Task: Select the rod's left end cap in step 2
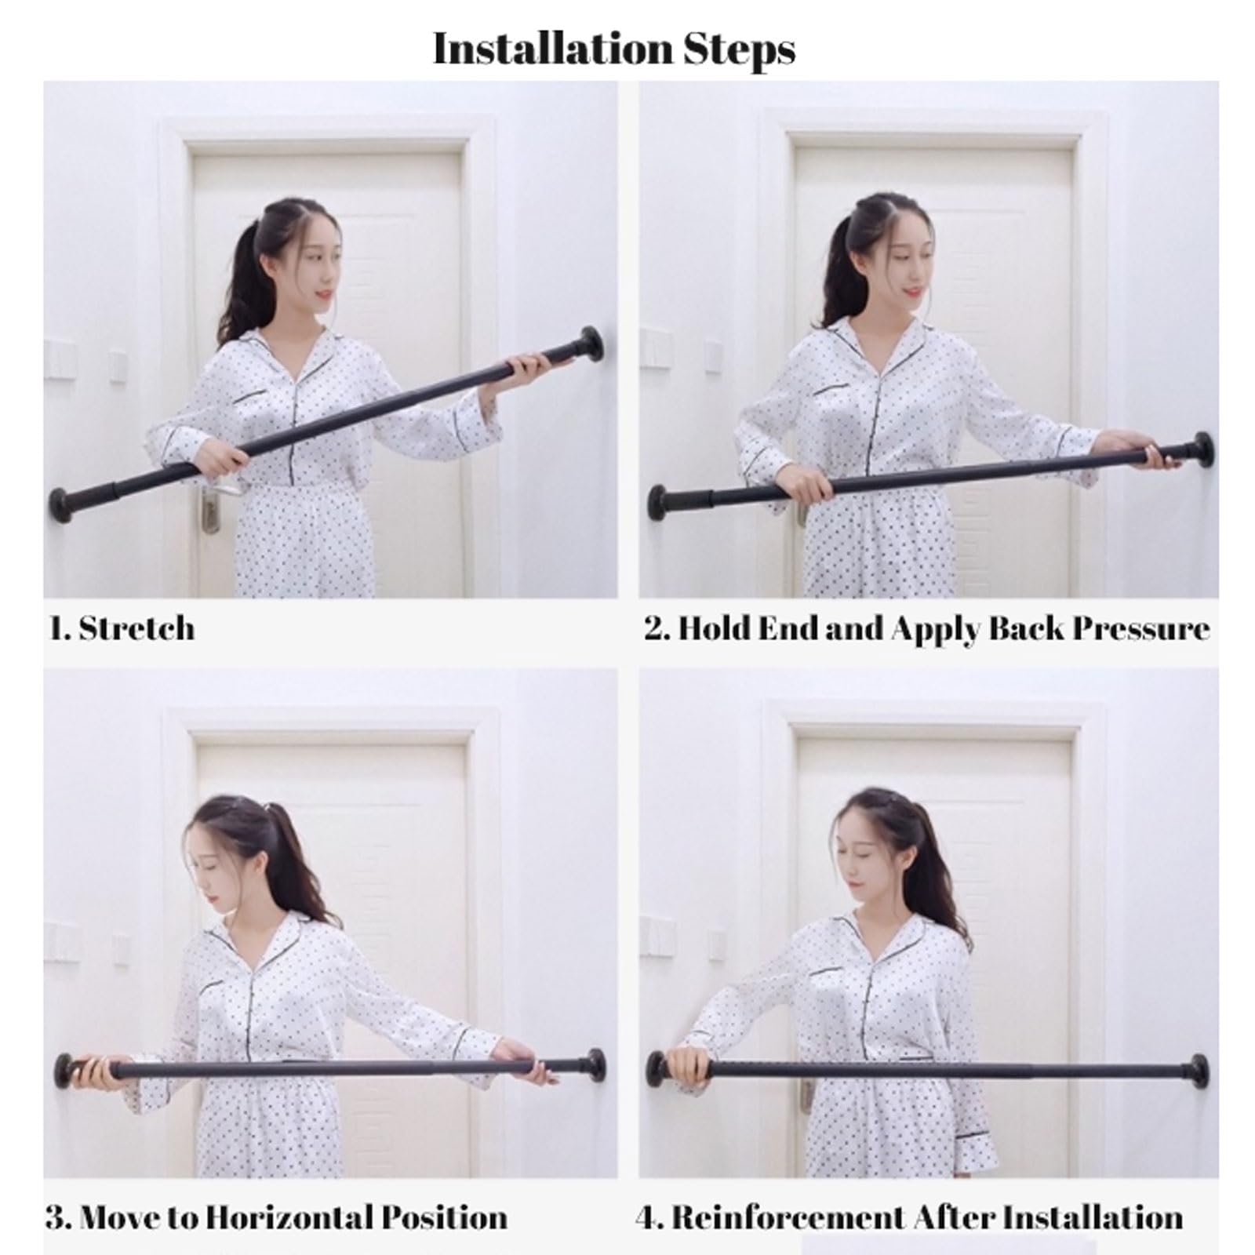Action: click(657, 503)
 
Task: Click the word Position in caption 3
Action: click(445, 1217)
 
